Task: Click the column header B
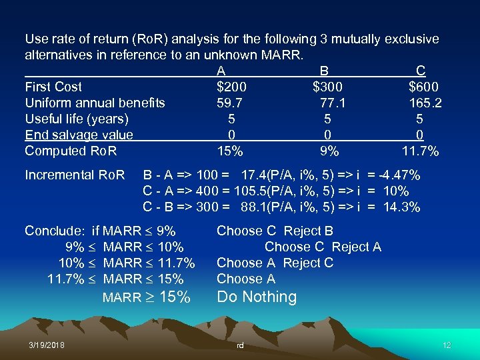pos(324,71)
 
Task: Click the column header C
pos(420,71)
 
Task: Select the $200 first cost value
pos(231,87)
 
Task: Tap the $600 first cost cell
pos(424,87)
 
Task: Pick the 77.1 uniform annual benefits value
pos(331,103)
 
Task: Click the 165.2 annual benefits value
pos(425,103)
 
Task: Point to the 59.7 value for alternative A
pos(229,103)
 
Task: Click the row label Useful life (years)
pos(77,119)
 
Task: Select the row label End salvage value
pos(79,135)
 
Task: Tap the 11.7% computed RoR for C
pos(420,151)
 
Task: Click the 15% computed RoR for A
pos(231,151)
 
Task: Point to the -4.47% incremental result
pos(399,175)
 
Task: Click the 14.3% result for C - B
pos(401,207)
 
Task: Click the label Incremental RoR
pos(75,175)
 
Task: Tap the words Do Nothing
pos(257,297)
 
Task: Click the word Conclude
pos(54,231)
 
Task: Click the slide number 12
pos(447,345)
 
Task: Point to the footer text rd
pos(240,346)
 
